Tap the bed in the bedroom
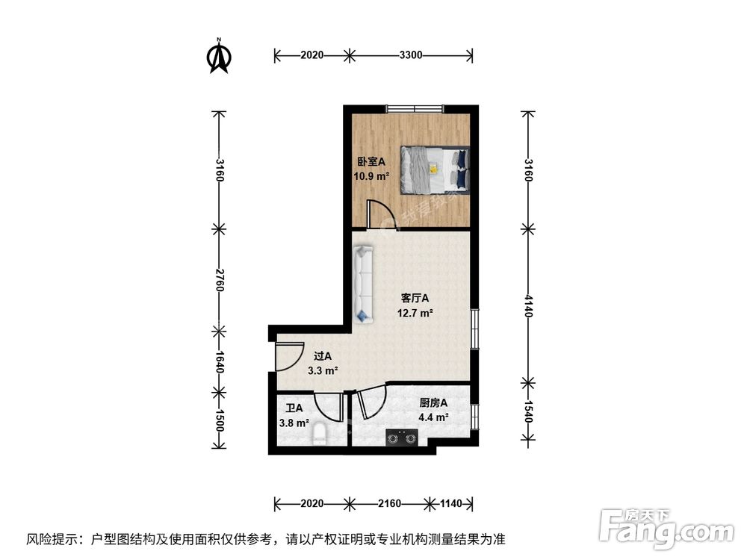[435, 169]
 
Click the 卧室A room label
[371, 161]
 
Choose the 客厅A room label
[415, 298]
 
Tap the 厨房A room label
[433, 403]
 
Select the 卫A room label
[294, 408]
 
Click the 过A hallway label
[323, 356]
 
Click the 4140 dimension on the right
[528, 304]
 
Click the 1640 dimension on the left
[219, 360]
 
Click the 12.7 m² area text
[415, 314]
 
